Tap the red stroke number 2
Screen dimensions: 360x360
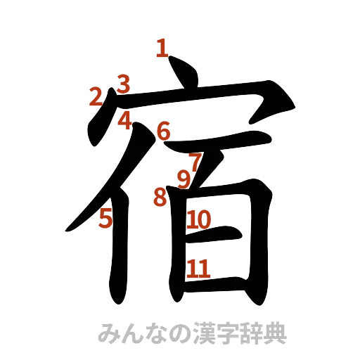click(94, 96)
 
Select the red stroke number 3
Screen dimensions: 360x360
click(124, 84)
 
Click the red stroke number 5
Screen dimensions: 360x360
click(105, 219)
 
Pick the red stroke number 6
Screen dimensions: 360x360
click(163, 130)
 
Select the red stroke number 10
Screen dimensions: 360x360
click(199, 219)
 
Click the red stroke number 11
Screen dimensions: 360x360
click(199, 268)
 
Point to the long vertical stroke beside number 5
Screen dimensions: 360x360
click(117, 246)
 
